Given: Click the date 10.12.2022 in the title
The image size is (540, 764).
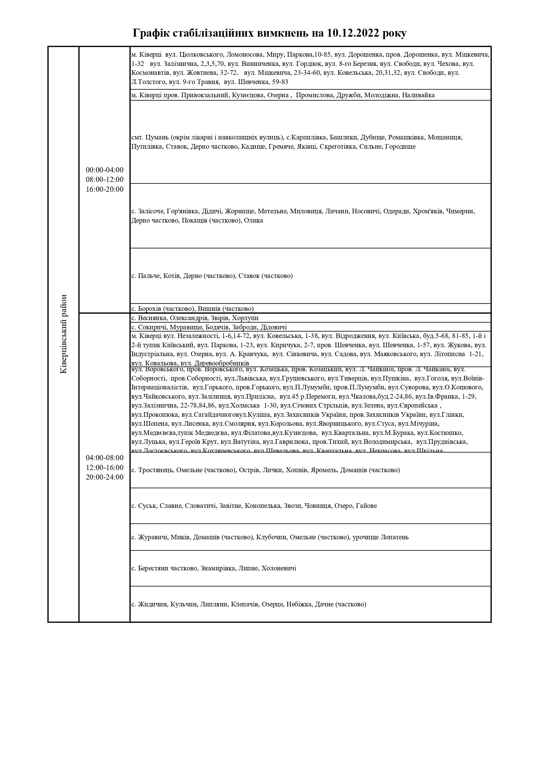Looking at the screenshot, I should click(353, 33).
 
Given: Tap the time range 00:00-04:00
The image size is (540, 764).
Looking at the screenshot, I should click(105, 170).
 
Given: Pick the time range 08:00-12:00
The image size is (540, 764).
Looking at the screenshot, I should click(105, 180).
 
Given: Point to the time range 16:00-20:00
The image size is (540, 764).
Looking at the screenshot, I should click(105, 189).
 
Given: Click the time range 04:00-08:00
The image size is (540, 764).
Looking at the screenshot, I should click(105, 457).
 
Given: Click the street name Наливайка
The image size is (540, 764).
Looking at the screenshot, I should click(418, 95).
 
